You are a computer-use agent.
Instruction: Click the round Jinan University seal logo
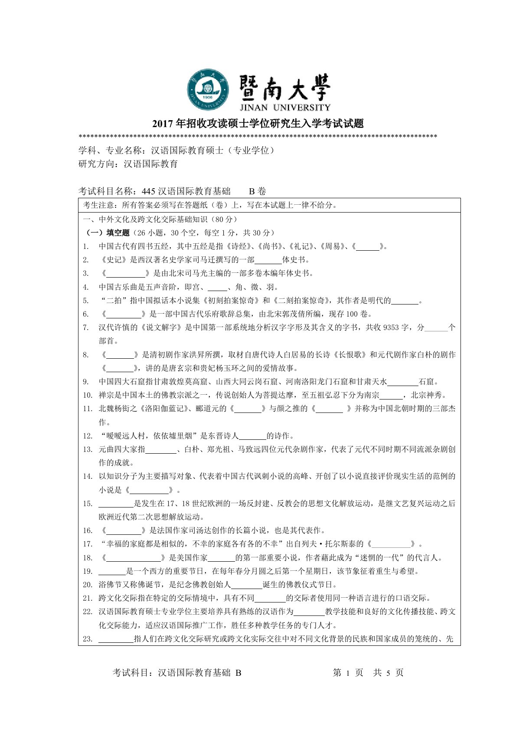pyautogui.click(x=207, y=89)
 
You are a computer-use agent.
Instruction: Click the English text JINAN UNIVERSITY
pyautogui.click(x=284, y=108)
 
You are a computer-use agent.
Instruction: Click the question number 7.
pyautogui.click(x=86, y=327)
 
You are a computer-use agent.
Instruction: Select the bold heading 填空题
pyautogui.click(x=118, y=233)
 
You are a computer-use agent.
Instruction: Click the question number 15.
pyautogui.click(x=88, y=504)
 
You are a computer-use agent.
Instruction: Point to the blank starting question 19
pyautogui.click(x=112, y=571)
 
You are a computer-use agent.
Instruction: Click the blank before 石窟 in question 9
pyautogui.click(x=402, y=382)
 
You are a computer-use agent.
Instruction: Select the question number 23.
pyautogui.click(x=88, y=639)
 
